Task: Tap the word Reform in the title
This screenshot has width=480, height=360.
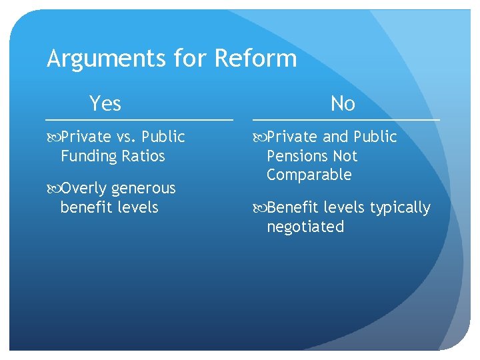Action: coord(255,59)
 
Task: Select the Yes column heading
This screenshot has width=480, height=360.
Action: coord(105,103)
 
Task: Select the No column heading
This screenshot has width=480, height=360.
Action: coord(343,103)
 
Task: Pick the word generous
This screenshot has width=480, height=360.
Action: coord(145,189)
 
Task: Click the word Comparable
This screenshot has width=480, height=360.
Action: coord(309,175)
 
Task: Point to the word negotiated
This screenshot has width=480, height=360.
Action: coord(305,227)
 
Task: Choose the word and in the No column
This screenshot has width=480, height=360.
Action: coord(335,137)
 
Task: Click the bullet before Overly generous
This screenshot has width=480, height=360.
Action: coord(53,189)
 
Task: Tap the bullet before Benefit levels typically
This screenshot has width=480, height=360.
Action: coord(259,208)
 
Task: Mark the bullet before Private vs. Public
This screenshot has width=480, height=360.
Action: coord(53,137)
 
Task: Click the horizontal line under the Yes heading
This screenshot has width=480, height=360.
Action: coord(139,119)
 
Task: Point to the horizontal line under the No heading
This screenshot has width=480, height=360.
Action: coord(346,119)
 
